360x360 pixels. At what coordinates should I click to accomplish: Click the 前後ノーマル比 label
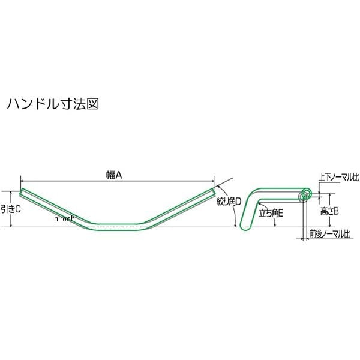pos(329,234)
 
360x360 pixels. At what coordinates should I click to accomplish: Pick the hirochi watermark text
pos(65,219)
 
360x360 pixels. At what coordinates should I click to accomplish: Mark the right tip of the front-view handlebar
pos(212,191)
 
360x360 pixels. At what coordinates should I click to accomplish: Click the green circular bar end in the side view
pos(307,193)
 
